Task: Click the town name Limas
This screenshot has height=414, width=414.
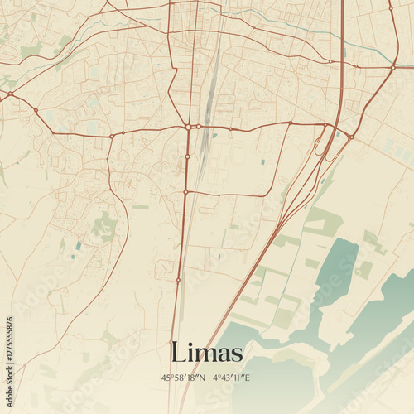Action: (206, 353)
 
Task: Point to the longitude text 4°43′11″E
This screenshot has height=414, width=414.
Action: (231, 378)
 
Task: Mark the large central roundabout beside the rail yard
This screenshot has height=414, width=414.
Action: (190, 127)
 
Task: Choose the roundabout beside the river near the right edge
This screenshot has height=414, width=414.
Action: (393, 66)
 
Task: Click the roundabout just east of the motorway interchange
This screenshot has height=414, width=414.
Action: (351, 137)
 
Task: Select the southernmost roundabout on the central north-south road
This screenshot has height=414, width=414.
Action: (177, 281)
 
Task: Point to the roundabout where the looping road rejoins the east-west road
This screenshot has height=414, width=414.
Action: (291, 123)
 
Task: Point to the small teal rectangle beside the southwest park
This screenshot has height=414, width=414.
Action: (79, 245)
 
